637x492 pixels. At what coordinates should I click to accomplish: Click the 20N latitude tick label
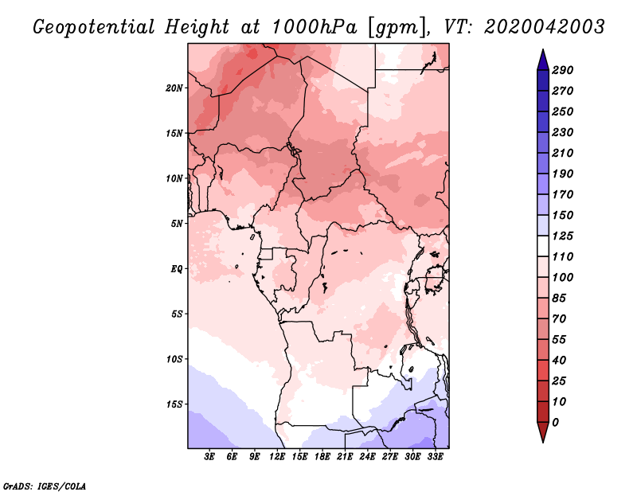(x=174, y=88)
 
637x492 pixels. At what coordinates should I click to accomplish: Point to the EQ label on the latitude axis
(x=176, y=268)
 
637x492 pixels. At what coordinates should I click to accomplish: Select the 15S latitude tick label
(x=174, y=404)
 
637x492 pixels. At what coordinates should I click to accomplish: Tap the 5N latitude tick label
(x=176, y=223)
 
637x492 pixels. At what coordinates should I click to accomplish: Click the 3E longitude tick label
(x=210, y=458)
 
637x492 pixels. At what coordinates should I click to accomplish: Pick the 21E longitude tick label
(x=345, y=458)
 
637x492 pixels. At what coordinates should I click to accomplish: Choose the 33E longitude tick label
(x=435, y=458)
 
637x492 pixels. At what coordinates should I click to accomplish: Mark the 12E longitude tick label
(x=277, y=458)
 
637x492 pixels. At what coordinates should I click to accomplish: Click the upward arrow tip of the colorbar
(x=541, y=52)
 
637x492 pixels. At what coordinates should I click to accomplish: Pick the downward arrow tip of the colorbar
(x=541, y=440)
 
